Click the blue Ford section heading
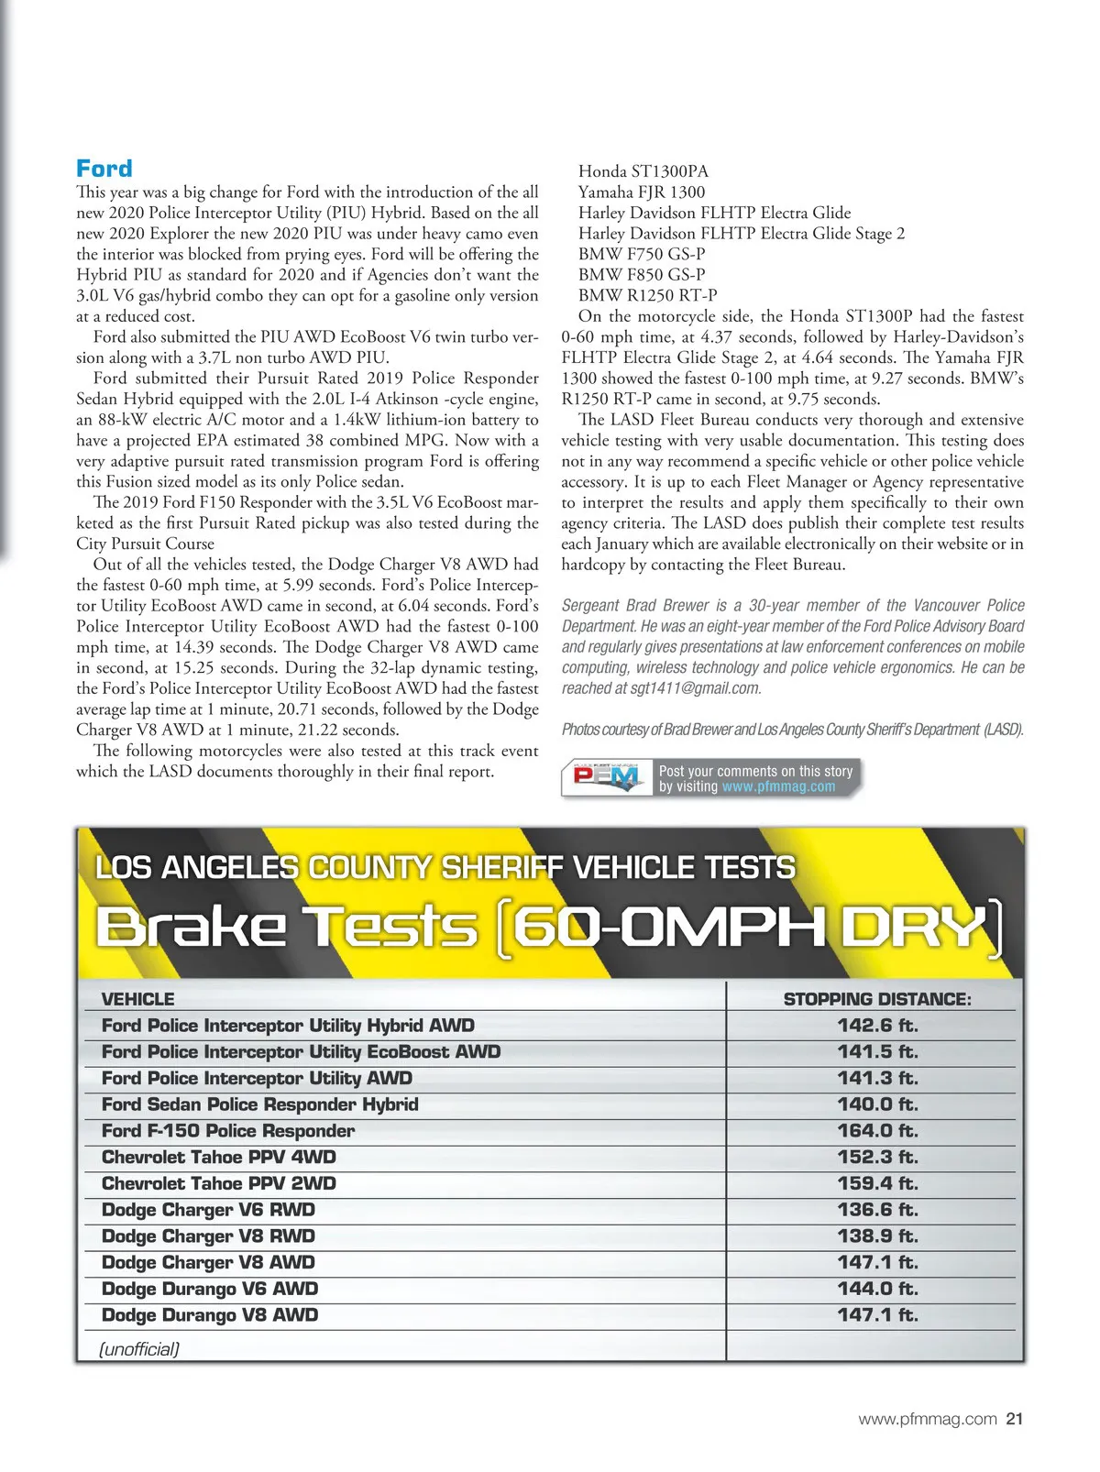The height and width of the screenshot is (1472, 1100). (104, 169)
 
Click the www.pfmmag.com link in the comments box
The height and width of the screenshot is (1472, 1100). (778, 786)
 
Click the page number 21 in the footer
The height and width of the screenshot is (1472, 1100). (1014, 1419)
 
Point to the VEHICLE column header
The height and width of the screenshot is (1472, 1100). (137, 999)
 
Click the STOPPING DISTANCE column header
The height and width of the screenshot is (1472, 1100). (876, 999)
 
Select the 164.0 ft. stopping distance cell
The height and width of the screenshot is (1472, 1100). (877, 1131)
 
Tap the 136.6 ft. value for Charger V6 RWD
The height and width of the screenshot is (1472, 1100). (877, 1210)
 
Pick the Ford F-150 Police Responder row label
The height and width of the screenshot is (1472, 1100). (228, 1131)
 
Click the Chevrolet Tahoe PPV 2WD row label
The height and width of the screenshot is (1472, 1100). (219, 1183)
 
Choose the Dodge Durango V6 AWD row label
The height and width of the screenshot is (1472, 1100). (210, 1289)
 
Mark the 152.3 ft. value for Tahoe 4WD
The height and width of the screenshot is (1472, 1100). (877, 1157)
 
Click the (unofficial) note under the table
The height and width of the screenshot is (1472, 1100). (139, 1348)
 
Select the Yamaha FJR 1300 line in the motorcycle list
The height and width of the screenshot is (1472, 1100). (642, 192)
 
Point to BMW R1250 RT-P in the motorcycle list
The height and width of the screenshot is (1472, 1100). (647, 295)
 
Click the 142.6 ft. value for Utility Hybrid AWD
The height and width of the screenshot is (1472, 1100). (877, 1026)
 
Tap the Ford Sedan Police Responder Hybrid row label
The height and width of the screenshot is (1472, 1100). (260, 1104)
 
